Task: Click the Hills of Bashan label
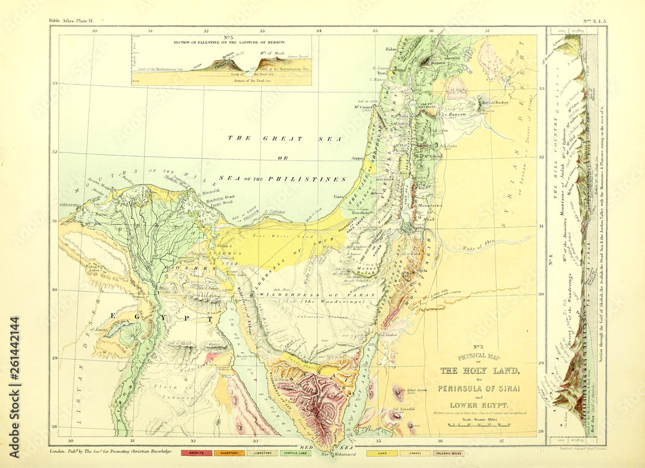(496, 102)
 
